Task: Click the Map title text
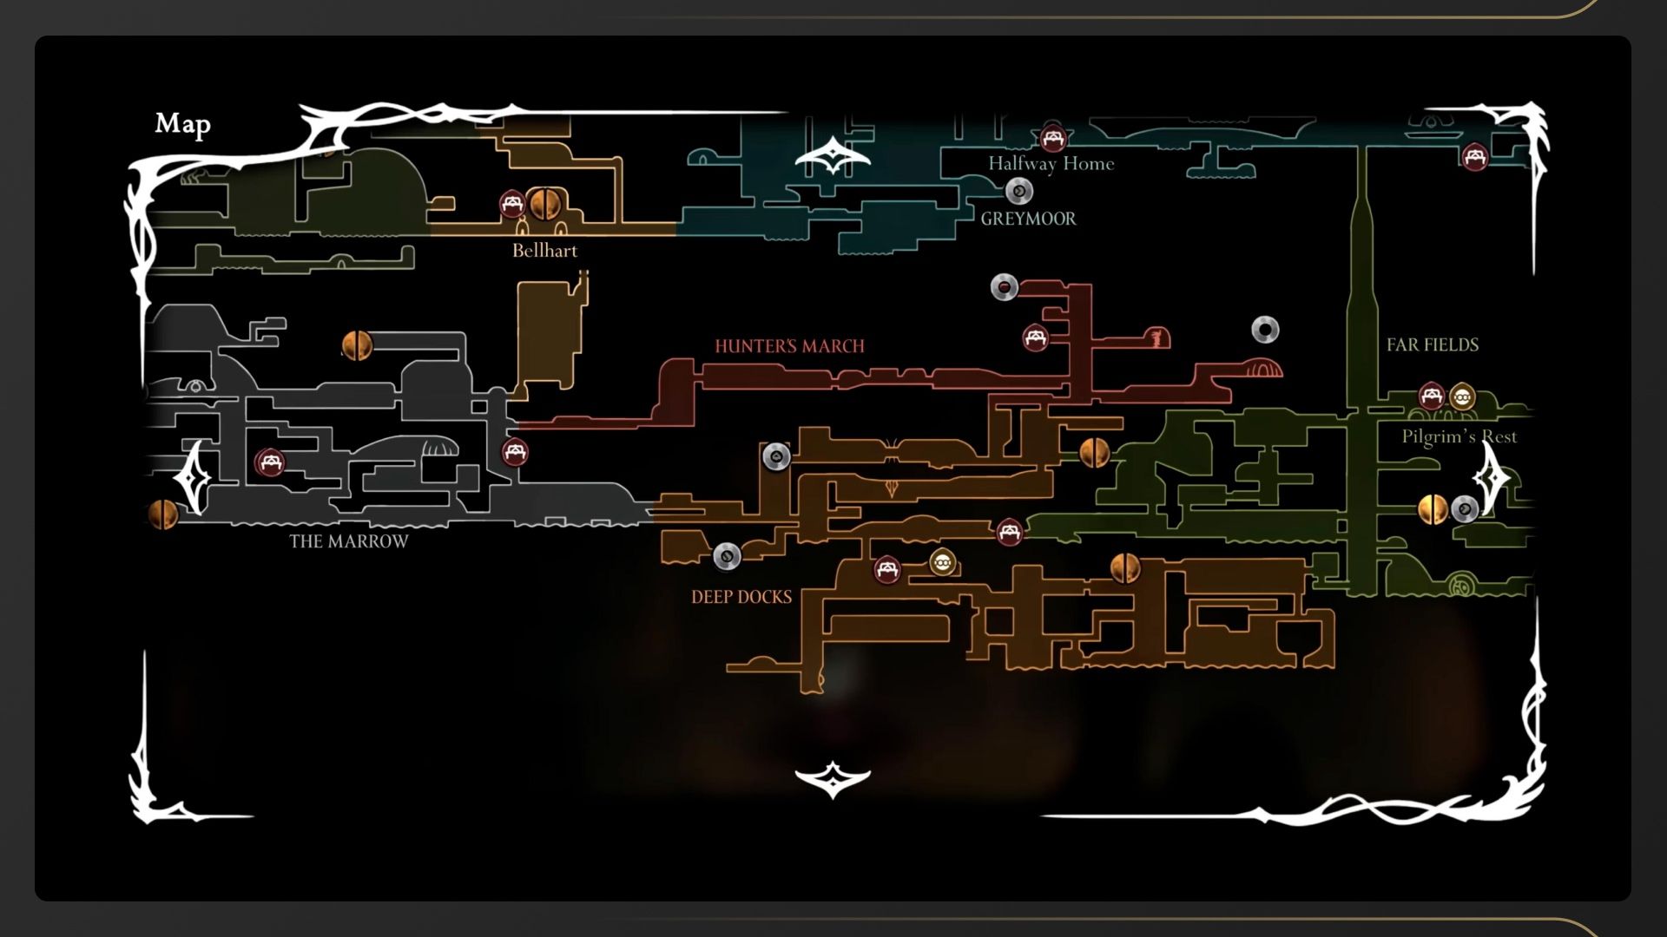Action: [182, 124]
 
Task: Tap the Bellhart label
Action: [544, 251]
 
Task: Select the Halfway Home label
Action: [1051, 163]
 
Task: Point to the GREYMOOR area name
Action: [1028, 219]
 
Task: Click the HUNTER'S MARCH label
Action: [789, 346]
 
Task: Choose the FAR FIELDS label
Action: [1432, 344]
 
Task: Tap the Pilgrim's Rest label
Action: [1459, 436]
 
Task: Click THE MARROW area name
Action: [348, 541]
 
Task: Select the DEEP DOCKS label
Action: [741, 597]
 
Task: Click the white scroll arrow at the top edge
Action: [833, 156]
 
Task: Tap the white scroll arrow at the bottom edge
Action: [833, 779]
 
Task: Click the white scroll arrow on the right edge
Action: [1492, 478]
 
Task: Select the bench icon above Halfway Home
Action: [1052, 138]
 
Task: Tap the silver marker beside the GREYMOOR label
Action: [1018, 191]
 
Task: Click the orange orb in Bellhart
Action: [544, 204]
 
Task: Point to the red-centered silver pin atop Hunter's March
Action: [1005, 286]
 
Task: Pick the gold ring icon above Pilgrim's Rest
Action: [1462, 397]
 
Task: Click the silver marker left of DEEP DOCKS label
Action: [727, 555]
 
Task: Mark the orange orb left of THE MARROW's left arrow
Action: [162, 514]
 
